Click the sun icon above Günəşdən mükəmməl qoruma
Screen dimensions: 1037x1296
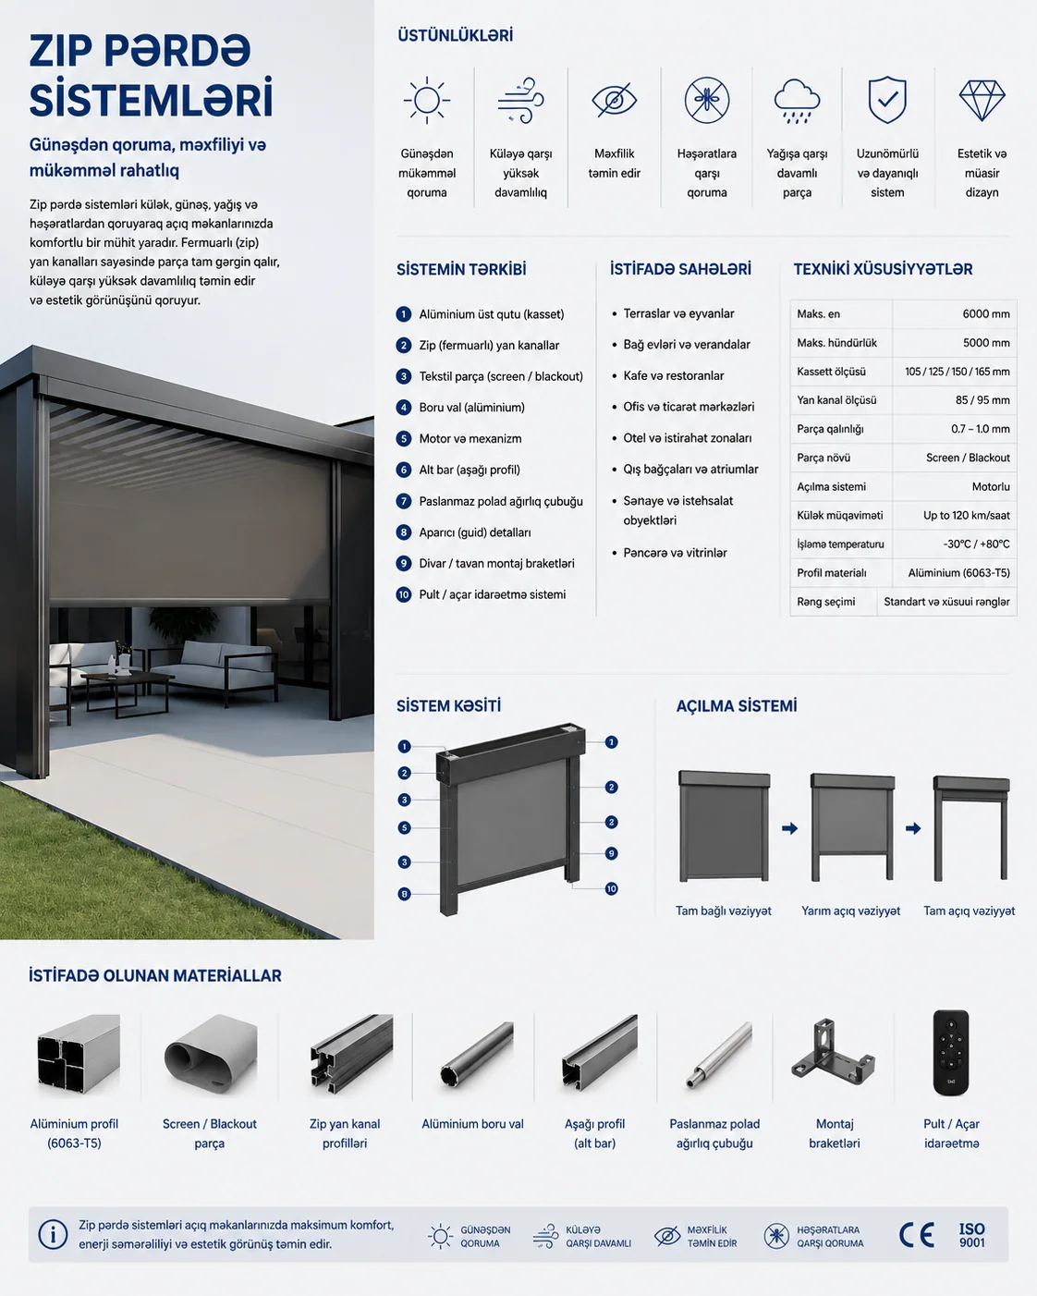tap(427, 100)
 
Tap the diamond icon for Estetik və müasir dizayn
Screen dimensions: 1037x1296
tap(982, 101)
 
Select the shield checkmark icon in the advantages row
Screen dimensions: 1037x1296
tap(887, 100)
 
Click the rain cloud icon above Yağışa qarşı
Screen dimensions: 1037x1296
tap(797, 101)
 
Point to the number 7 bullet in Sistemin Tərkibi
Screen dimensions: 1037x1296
tap(404, 501)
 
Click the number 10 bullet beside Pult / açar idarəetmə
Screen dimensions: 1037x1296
tap(404, 595)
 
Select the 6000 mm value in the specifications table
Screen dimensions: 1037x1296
tap(986, 313)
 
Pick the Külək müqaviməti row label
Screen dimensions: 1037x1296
tap(839, 516)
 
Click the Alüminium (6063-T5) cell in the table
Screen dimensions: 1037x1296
tap(958, 573)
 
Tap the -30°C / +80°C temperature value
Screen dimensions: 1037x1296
tap(976, 544)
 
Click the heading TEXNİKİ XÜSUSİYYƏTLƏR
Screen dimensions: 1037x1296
tap(883, 269)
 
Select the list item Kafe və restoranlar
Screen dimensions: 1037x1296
tap(673, 376)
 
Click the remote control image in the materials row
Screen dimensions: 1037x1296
tap(951, 1053)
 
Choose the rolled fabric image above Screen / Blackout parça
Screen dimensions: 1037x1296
tap(210, 1054)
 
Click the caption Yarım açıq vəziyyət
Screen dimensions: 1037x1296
tap(850, 911)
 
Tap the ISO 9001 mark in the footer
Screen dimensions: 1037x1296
tap(972, 1235)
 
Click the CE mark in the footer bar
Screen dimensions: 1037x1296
tap(917, 1235)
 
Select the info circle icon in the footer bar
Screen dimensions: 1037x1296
tap(53, 1235)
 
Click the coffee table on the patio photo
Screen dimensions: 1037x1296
tap(127, 692)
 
